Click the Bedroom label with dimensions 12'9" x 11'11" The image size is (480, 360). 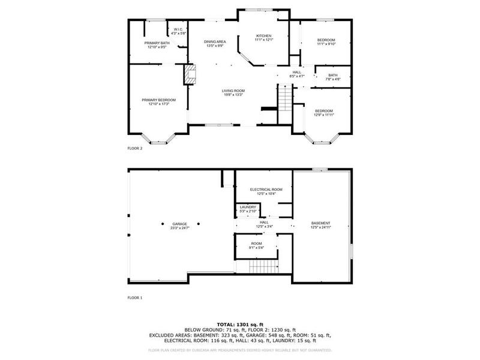(323, 112)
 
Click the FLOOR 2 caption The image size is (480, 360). (135, 148)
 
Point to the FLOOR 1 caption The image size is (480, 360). (135, 297)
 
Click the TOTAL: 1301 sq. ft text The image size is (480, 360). (240, 324)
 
